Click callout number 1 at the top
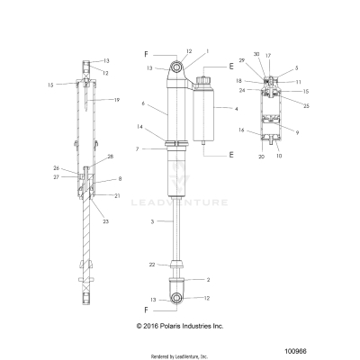[x=206, y=51]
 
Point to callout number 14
[x=139, y=128]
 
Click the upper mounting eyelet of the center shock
[x=178, y=66]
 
